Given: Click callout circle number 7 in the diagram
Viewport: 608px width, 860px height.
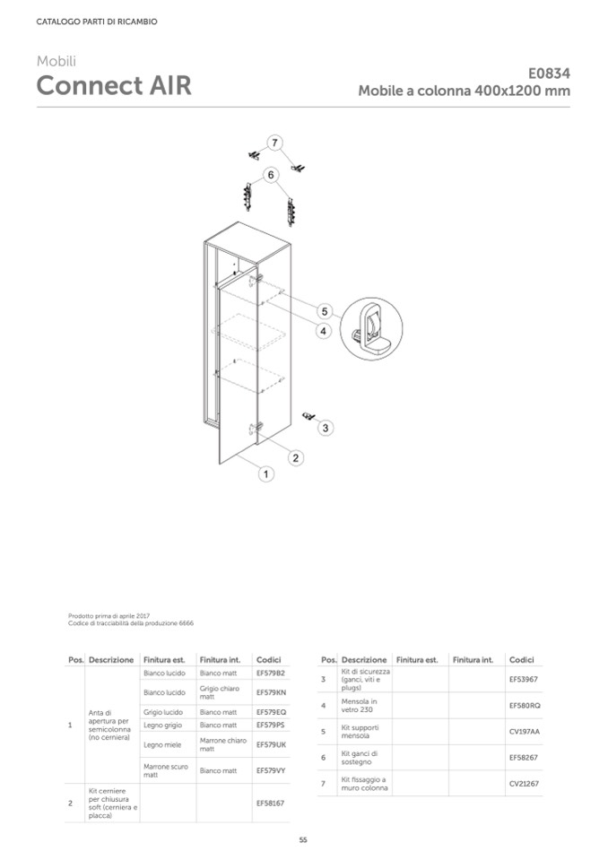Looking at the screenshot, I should tap(274, 142).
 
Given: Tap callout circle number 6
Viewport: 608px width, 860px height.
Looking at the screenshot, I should tap(269, 174).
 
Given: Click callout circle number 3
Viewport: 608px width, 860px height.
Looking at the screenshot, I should tap(326, 428).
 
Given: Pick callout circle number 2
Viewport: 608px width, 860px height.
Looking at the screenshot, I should tap(295, 457).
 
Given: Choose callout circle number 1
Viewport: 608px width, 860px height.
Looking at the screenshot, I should tap(265, 473).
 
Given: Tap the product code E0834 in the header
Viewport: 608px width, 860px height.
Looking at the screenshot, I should tap(549, 74).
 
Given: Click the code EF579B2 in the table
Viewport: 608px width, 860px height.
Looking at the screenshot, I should tap(270, 673).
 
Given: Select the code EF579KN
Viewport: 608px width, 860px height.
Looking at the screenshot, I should tap(271, 692).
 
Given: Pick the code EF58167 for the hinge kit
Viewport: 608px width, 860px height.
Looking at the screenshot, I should tap(270, 804).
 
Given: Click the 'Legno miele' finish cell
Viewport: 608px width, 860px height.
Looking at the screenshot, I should tap(161, 744).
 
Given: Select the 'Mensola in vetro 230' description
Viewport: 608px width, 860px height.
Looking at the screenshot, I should tap(360, 705).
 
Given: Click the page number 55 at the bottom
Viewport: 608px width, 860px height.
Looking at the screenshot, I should tap(303, 840).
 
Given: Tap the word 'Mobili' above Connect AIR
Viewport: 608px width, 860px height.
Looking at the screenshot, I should tap(56, 61).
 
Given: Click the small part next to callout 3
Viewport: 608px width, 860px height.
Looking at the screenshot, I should tap(309, 415).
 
